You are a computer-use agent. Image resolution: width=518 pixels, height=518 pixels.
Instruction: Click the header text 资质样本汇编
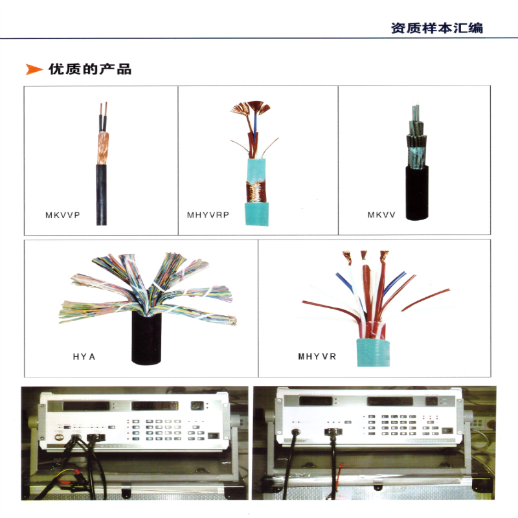coord(436,28)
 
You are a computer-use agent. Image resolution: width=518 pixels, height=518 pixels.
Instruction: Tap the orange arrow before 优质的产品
coord(34,69)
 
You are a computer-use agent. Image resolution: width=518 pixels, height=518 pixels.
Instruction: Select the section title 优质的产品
coord(90,69)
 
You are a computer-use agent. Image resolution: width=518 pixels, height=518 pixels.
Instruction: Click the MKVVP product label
coord(62,215)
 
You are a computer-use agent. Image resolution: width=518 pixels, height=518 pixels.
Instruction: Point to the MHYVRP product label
coord(208,215)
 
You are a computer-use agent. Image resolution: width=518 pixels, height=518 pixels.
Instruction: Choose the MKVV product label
coord(381,215)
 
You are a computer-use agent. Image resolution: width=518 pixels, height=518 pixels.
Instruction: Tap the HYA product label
coord(84,357)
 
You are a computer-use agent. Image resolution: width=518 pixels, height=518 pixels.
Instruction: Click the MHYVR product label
coord(317,357)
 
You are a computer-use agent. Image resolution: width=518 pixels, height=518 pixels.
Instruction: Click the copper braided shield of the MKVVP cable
coord(103,149)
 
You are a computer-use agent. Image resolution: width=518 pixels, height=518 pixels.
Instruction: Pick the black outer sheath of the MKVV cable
coord(417,192)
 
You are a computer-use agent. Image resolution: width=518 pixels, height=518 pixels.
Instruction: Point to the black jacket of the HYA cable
coord(147,339)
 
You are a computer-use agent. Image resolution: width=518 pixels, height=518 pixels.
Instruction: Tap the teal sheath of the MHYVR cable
coord(374,352)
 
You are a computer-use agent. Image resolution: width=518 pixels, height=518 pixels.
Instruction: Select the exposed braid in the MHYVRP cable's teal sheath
coord(256,192)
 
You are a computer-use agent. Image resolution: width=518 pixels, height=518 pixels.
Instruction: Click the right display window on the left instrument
coord(155,406)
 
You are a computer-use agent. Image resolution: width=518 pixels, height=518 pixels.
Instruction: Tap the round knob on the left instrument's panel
coord(59,438)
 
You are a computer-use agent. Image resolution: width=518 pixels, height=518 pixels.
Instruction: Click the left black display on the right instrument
coord(315,401)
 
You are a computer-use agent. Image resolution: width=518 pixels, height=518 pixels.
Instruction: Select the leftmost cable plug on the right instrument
coord(295,432)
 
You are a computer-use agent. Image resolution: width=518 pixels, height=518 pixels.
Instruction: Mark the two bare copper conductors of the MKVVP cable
coord(104,117)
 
